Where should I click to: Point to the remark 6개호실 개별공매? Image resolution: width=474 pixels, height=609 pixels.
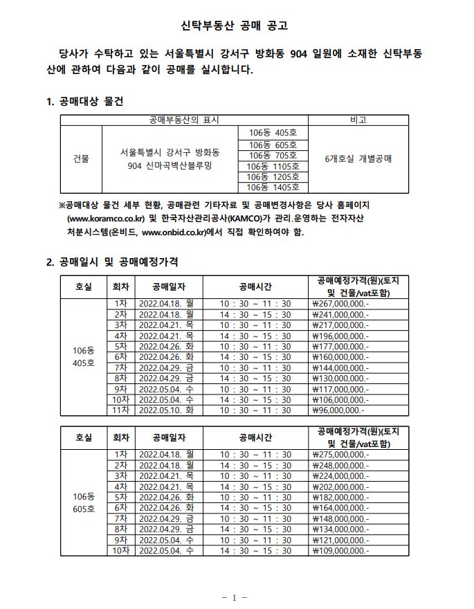[x=358, y=158]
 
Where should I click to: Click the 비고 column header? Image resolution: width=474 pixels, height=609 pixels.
[x=358, y=120]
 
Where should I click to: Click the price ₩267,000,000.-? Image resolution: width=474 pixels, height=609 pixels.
[x=340, y=304]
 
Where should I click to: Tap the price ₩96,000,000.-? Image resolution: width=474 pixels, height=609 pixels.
[x=338, y=410]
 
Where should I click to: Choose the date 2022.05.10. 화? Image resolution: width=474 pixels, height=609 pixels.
[x=166, y=410]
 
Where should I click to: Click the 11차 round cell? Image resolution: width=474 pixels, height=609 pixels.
[x=120, y=410]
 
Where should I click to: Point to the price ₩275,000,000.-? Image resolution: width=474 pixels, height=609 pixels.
[x=340, y=455]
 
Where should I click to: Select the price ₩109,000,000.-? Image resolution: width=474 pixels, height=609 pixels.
[x=340, y=551]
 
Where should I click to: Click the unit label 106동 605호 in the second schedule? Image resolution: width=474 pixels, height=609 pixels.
[x=83, y=503]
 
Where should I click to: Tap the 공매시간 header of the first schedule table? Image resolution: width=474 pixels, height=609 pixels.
[x=255, y=287]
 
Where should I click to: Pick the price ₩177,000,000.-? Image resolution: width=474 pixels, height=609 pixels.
[x=340, y=346]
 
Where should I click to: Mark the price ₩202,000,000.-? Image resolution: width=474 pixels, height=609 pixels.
[x=340, y=487]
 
